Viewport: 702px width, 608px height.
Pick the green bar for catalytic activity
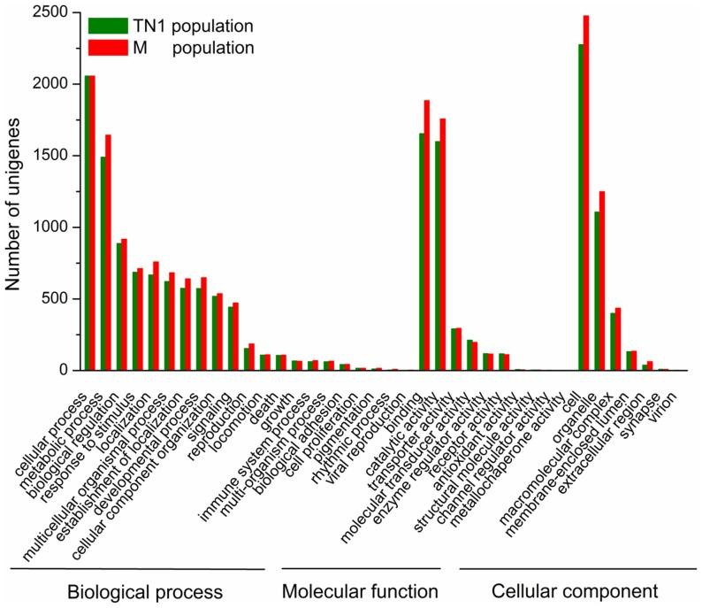pos(438,256)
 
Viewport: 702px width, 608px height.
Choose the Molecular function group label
pos(361,589)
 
